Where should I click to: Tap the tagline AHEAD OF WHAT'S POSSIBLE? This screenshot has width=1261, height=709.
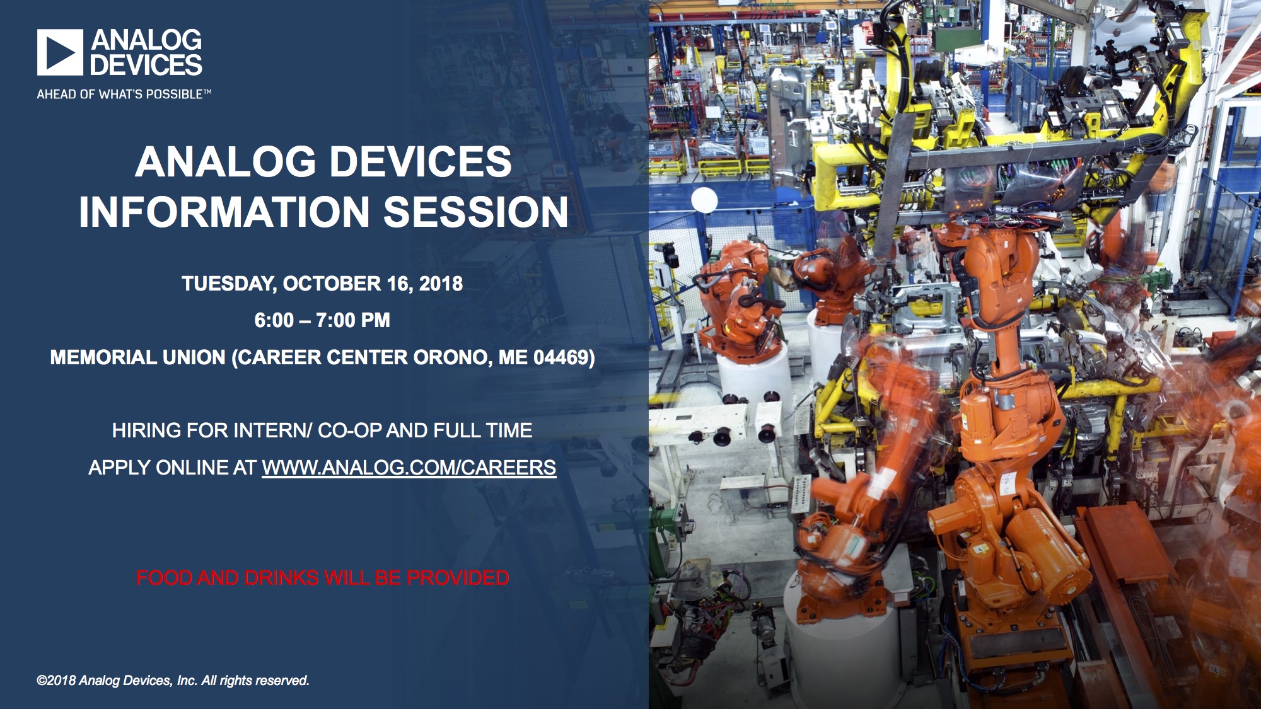124,95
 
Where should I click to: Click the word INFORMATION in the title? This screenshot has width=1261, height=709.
224,212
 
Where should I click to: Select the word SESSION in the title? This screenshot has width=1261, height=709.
476,212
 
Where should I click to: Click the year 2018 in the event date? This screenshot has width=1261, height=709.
441,284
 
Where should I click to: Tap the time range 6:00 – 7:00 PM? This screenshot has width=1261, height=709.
322,320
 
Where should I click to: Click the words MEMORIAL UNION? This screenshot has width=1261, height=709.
137,357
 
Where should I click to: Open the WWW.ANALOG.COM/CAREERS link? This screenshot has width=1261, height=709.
409,468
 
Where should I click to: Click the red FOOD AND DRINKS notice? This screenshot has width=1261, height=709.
323,578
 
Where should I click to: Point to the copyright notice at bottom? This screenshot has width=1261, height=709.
173,681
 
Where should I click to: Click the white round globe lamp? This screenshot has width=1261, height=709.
704,200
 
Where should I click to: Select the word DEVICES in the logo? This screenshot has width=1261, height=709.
146,66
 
